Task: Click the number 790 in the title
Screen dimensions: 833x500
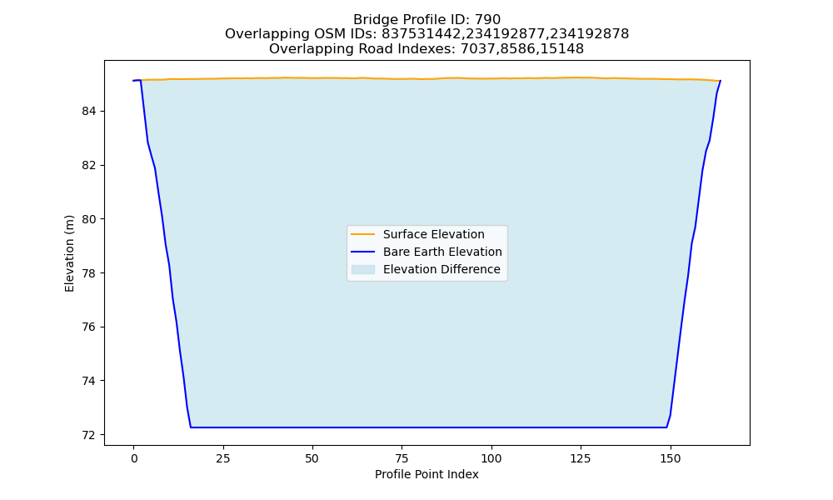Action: pyautogui.click(x=487, y=20)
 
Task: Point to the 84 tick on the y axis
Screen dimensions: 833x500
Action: pyautogui.click(x=89, y=111)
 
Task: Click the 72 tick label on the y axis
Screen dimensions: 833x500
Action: pyautogui.click(x=89, y=435)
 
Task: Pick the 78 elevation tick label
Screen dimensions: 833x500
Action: pyautogui.click(x=89, y=273)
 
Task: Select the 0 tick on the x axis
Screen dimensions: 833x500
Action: pyautogui.click(x=134, y=458)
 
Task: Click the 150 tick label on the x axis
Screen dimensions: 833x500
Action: pyautogui.click(x=670, y=458)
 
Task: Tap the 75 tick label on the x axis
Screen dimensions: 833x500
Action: pyautogui.click(x=402, y=458)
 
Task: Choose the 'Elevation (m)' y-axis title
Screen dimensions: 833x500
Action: pyautogui.click(x=69, y=253)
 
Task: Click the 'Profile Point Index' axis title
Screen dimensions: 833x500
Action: pyautogui.click(x=426, y=474)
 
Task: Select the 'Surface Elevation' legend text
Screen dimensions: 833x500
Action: pyautogui.click(x=433, y=234)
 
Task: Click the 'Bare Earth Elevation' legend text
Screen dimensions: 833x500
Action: pyautogui.click(x=442, y=252)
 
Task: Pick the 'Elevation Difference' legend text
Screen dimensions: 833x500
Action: pyautogui.click(x=441, y=269)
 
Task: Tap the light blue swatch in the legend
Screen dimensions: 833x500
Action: pyautogui.click(x=363, y=269)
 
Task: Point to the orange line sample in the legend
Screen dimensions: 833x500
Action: pyautogui.click(x=363, y=234)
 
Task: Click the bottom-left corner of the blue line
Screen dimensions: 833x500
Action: pyautogui.click(x=191, y=427)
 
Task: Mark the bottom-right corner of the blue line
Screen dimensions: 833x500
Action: pyautogui.click(x=666, y=427)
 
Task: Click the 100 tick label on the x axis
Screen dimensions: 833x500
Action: pyautogui.click(x=491, y=458)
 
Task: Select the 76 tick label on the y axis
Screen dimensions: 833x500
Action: pyautogui.click(x=89, y=327)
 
